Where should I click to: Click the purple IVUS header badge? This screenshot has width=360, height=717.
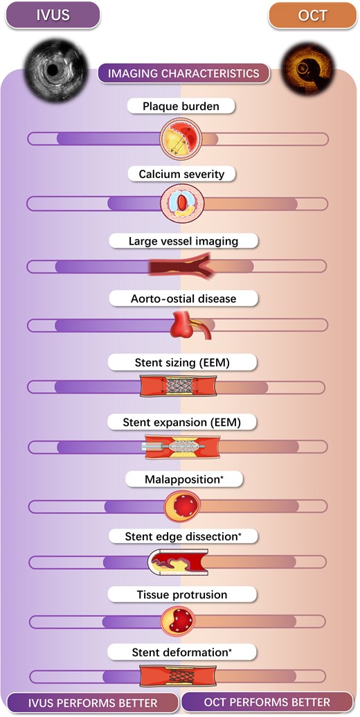tap(53, 15)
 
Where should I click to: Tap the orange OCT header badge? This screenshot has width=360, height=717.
tap(312, 15)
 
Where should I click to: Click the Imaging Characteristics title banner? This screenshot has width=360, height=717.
tap(183, 73)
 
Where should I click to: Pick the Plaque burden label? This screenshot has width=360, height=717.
tap(181, 107)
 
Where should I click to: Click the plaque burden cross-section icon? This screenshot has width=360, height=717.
tap(182, 138)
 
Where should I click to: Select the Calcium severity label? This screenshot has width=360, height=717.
tap(181, 174)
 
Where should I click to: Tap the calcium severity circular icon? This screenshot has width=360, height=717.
tap(182, 204)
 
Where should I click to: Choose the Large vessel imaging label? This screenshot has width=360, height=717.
tap(183, 240)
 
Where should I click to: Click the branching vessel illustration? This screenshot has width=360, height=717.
tap(181, 266)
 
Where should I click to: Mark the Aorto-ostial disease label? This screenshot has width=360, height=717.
tap(183, 299)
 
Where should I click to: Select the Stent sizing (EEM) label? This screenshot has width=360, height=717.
tap(182, 362)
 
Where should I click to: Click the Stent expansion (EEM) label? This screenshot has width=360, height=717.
tap(181, 423)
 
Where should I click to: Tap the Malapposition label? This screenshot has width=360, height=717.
tap(184, 479)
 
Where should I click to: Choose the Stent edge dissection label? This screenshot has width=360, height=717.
tap(183, 536)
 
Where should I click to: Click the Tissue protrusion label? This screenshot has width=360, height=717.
tap(182, 595)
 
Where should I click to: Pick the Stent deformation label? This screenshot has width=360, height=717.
tap(182, 653)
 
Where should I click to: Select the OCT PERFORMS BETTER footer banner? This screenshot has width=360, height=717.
tap(267, 702)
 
